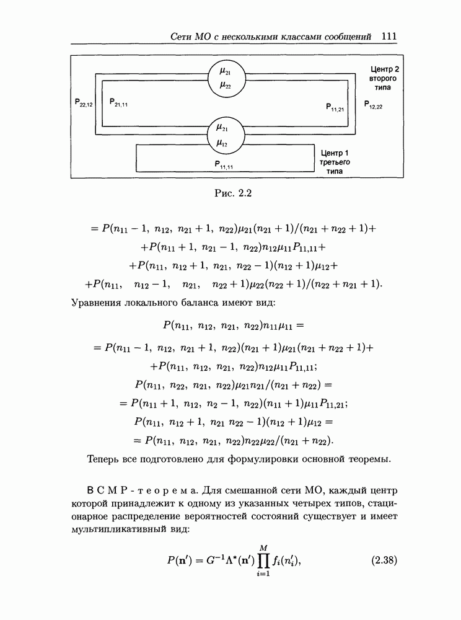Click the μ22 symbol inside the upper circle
pos(224,86)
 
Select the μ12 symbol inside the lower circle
pos(222,143)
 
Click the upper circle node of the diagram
pos(224,79)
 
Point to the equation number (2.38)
pos(384,560)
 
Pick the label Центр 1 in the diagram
pos(335,153)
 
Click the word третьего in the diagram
pos(335,162)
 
